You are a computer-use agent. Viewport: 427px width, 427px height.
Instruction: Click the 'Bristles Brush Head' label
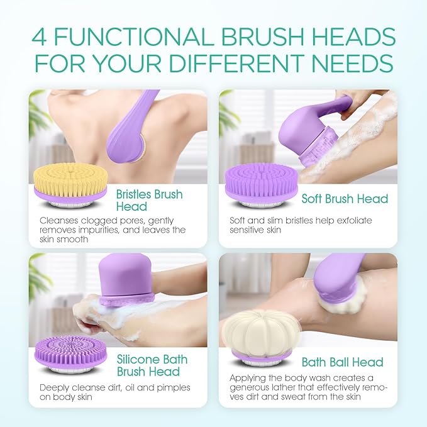point(148,200)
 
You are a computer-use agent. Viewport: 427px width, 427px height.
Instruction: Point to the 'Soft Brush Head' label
point(345,199)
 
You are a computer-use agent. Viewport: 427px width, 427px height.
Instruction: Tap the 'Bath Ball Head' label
point(342,362)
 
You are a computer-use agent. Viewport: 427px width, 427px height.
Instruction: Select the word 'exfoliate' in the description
point(350,221)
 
